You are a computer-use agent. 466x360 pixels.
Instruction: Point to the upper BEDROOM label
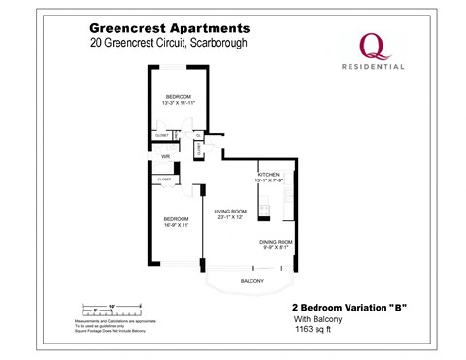[x=178, y=97]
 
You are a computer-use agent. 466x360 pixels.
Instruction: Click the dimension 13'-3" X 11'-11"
[x=178, y=104]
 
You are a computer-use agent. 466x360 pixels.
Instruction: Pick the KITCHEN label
[x=269, y=174]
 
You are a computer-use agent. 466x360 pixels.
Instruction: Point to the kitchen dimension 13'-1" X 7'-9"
[x=269, y=180]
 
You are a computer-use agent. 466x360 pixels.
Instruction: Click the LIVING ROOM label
[x=231, y=211]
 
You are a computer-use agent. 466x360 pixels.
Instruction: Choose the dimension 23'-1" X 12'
[x=231, y=217]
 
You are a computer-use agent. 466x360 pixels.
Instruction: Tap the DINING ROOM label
[x=276, y=241]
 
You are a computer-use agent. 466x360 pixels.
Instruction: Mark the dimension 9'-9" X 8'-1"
[x=276, y=247]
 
